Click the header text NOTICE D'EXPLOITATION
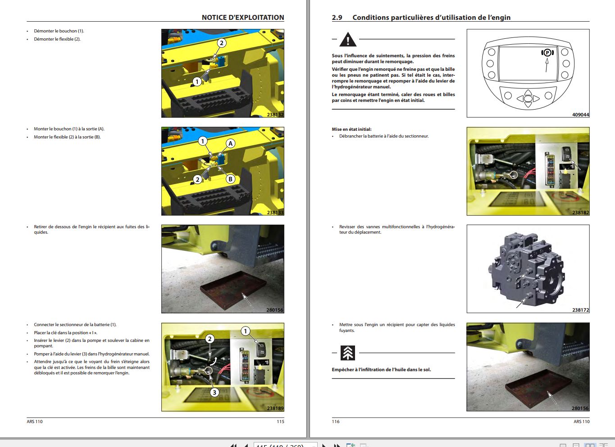pyautogui.click(x=242, y=18)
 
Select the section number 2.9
pyautogui.click(x=337, y=18)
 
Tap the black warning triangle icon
pyautogui.click(x=348, y=40)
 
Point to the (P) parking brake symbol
pyautogui.click(x=547, y=53)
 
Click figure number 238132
pyautogui.click(x=275, y=115)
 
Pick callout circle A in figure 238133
pyautogui.click(x=230, y=143)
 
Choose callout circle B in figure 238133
pyautogui.click(x=230, y=179)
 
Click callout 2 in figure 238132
pyautogui.click(x=221, y=43)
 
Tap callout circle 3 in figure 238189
pyautogui.click(x=214, y=392)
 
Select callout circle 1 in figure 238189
pyautogui.click(x=245, y=331)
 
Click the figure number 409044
pyautogui.click(x=580, y=115)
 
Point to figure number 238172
pyautogui.click(x=580, y=310)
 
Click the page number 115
pyautogui.click(x=280, y=422)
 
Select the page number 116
pyautogui.click(x=336, y=422)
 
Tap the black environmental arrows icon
pyautogui.click(x=348, y=353)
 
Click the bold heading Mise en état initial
pyautogui.click(x=351, y=129)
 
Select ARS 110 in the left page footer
pyautogui.click(x=35, y=422)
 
